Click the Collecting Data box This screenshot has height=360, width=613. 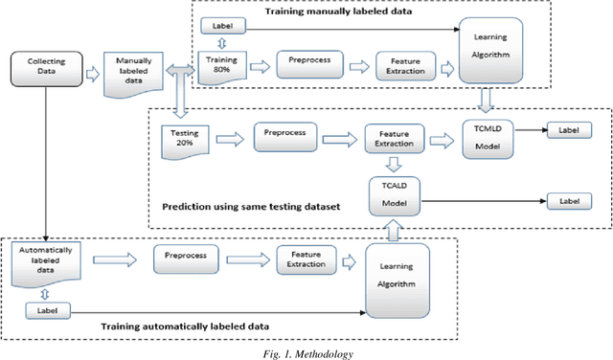[x=40, y=70]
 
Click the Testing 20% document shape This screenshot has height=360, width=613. [x=184, y=137]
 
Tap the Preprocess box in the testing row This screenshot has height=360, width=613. [x=285, y=136]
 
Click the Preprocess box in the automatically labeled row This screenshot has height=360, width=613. [x=185, y=258]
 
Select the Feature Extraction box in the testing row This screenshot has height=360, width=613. [x=394, y=138]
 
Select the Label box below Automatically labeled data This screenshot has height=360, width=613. [x=46, y=310]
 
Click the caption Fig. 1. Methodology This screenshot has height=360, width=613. [x=306, y=353]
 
